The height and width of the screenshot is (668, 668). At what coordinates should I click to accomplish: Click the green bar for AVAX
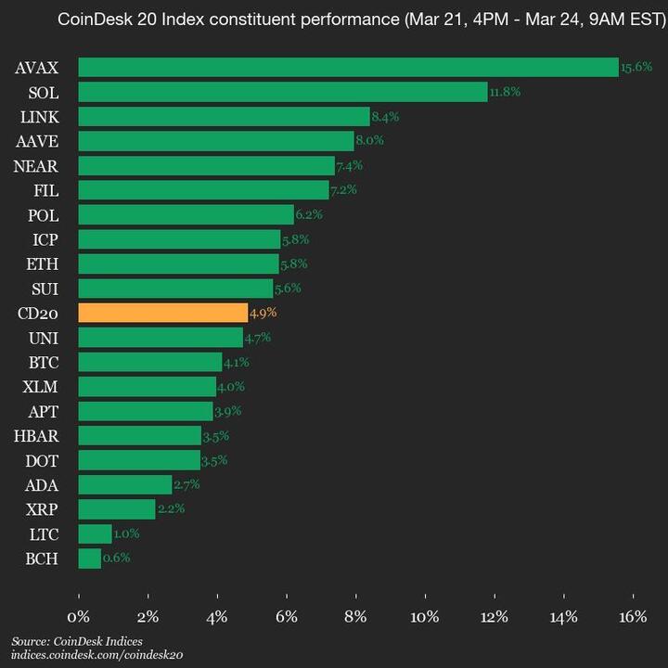tap(348, 67)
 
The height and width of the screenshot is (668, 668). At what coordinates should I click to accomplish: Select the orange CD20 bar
tap(163, 313)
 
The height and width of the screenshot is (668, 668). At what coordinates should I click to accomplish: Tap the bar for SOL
tap(283, 92)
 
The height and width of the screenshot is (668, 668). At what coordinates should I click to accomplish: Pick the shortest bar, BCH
tap(90, 559)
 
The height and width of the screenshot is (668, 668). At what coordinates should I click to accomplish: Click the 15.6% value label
tap(636, 67)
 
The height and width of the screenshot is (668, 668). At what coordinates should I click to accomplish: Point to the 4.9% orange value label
tap(263, 313)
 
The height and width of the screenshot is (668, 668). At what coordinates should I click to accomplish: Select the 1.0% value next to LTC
tap(127, 533)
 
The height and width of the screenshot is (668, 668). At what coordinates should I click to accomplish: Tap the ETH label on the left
tap(43, 263)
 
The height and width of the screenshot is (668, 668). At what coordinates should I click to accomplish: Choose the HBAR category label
tap(37, 435)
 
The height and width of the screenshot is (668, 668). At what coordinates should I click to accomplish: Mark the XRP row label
tap(43, 509)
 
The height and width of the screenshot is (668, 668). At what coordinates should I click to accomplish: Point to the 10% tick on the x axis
tap(425, 617)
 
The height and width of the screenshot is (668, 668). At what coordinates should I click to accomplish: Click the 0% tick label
tap(79, 617)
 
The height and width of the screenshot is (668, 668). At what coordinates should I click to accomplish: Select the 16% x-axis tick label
tap(633, 617)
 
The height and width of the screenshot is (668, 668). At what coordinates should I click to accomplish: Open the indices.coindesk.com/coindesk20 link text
tap(97, 655)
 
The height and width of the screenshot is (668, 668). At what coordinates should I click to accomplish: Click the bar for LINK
tap(224, 116)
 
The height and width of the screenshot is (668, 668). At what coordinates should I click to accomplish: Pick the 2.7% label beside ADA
tap(186, 484)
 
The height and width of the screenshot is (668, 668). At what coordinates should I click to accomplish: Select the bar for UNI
tap(161, 337)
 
